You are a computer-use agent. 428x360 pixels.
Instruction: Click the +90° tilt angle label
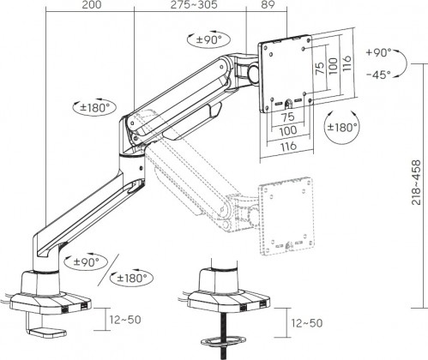pos(378,52)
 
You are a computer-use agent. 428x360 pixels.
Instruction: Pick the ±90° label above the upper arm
pos(205,39)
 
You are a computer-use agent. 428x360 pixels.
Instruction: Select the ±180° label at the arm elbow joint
pos(88,109)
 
